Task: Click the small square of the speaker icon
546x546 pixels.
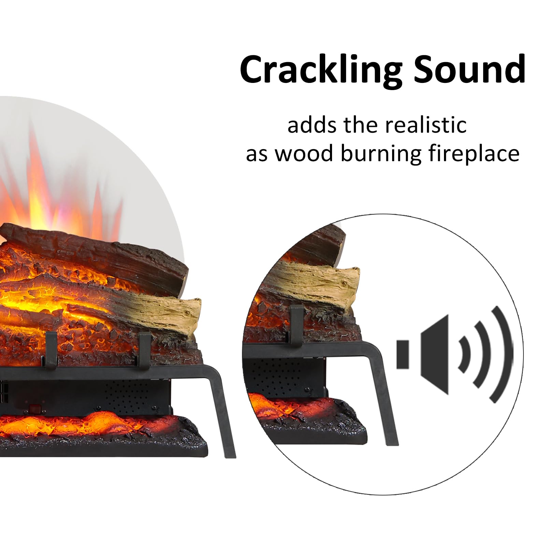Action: click(403, 354)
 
